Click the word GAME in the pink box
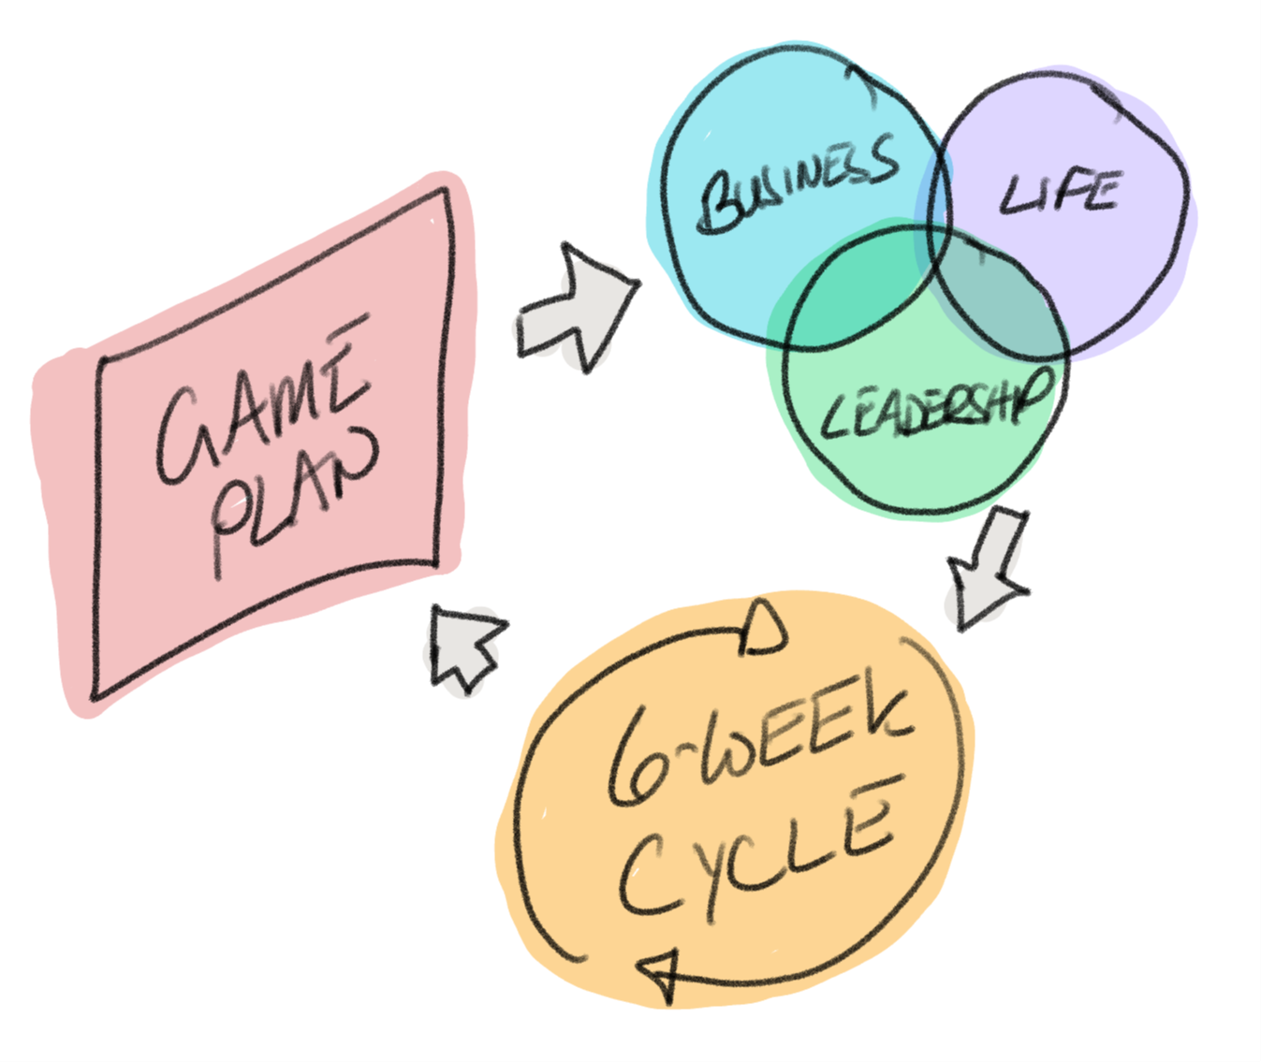click(x=263, y=401)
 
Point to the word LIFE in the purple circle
click(x=1060, y=192)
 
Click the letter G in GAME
click(x=182, y=436)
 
